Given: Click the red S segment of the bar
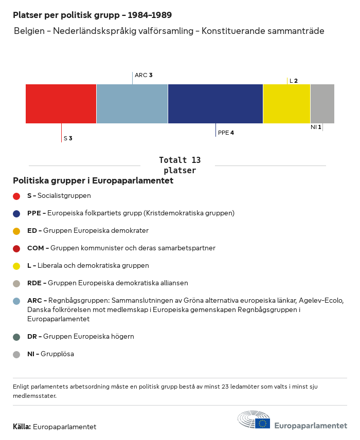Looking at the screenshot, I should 61,104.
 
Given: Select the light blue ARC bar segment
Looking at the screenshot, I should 132,104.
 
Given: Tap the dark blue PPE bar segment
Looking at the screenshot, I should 215,104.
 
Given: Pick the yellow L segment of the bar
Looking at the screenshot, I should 286,104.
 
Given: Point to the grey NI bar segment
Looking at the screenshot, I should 322,104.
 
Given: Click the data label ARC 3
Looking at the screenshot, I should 143,75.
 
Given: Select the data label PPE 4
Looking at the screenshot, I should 226,133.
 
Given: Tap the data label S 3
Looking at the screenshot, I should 68,138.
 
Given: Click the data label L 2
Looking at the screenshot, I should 294,81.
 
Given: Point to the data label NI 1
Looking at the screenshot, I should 316,127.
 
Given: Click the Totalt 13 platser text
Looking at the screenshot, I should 179,165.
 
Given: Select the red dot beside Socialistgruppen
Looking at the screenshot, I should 16,196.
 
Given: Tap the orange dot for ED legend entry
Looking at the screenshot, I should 16,231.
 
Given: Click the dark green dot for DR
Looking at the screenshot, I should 16,337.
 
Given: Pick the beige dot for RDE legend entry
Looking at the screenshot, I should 16,283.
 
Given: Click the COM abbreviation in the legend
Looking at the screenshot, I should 35,248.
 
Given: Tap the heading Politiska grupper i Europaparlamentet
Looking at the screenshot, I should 93,181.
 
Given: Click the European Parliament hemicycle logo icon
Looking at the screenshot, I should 254,420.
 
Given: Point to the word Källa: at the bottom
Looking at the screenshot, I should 22,427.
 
